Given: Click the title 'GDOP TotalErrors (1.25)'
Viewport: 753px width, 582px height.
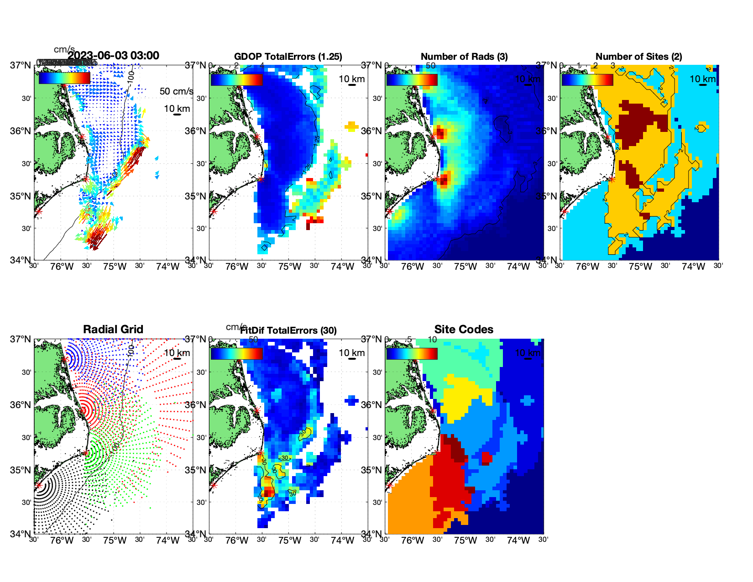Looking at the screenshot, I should coord(288,57).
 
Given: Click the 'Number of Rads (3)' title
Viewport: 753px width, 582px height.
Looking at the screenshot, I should coord(464,57).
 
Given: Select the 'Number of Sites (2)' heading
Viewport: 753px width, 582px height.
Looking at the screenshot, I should coord(638,57).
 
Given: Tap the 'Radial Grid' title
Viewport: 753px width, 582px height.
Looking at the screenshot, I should coord(113,330).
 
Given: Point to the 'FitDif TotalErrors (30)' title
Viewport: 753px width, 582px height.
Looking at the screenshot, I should coord(288,330).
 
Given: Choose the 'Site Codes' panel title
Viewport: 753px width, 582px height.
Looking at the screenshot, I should coord(464,330).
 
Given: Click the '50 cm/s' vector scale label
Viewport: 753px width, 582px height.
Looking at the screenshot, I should coord(176,91).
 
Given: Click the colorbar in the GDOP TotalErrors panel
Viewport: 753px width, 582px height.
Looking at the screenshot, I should coord(236,79).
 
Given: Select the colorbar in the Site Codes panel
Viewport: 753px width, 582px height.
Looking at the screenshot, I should coord(412,354).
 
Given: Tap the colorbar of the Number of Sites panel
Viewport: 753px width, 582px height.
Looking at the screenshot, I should coord(587,79).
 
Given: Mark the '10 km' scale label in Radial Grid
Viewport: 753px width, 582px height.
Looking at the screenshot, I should coord(177,353).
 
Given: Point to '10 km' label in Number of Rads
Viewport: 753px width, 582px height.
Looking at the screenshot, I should coord(528,79).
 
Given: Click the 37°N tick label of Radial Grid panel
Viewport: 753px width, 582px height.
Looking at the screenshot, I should coord(21,339).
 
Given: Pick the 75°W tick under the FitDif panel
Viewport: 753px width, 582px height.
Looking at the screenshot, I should coord(290,541).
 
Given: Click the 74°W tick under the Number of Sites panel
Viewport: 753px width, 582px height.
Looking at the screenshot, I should coord(693,267).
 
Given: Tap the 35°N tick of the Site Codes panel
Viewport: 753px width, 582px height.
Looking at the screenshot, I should coord(371,470).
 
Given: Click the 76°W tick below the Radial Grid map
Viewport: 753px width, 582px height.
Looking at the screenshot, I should coord(62,541).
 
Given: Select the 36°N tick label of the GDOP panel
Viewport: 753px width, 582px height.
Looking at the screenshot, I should coord(196,131).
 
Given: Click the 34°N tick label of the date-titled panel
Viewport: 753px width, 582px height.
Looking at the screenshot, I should coord(21,260).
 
